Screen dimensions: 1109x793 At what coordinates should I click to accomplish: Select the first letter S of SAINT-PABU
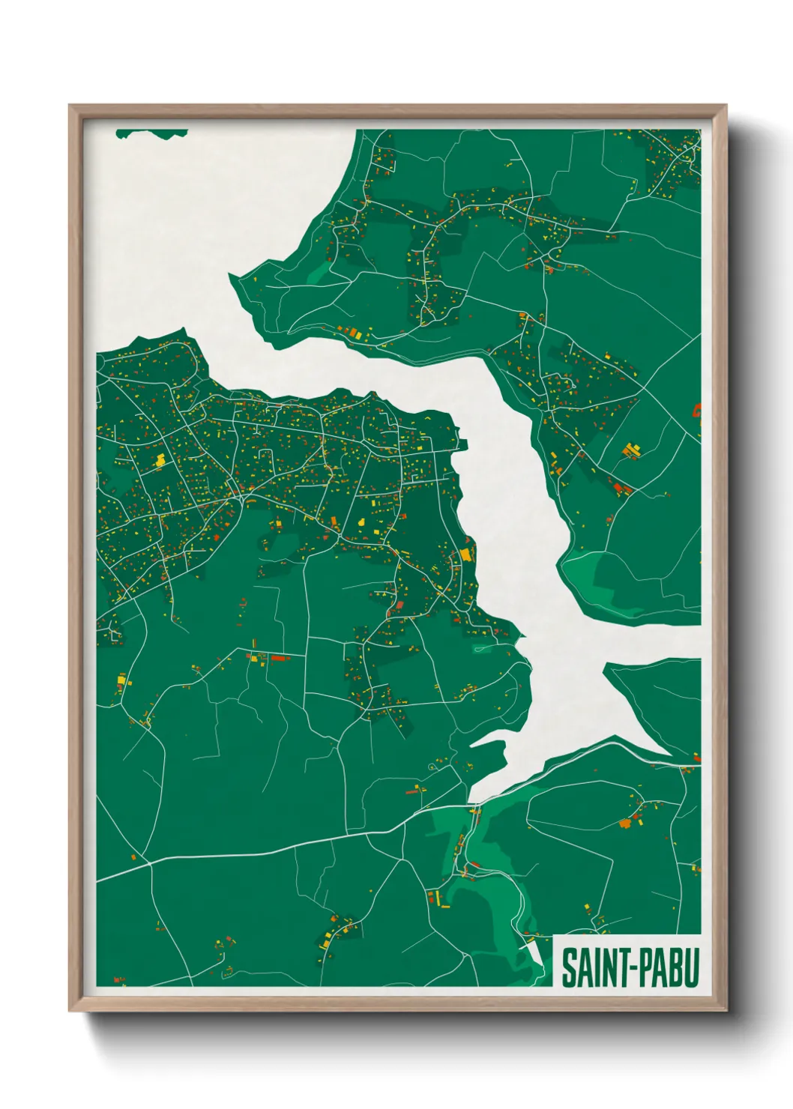pos(567,967)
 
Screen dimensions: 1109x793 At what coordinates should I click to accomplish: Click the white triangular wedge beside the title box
pos(535,952)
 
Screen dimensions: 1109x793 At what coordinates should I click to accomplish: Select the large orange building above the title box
pos(625,824)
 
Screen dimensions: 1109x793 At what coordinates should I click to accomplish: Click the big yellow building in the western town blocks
pos(160,460)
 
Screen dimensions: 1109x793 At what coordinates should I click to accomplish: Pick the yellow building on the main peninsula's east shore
pos(465,555)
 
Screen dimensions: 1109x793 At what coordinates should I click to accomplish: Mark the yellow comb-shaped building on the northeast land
pos(632,450)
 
